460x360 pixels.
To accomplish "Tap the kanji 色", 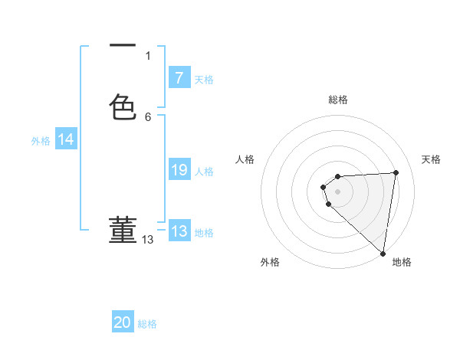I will [x=123, y=107].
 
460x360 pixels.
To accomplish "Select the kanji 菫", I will [x=123, y=229].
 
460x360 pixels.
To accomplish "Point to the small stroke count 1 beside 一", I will [x=148, y=56].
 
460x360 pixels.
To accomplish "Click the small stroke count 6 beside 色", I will [x=148, y=116].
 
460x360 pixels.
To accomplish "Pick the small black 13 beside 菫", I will [x=148, y=240].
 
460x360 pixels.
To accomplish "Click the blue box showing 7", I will [x=179, y=77].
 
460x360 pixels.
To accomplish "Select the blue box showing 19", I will [x=179, y=170].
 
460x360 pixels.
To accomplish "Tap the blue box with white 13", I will [x=179, y=231].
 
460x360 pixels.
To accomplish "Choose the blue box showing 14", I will [x=66, y=139].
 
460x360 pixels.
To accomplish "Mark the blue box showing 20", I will [x=123, y=322].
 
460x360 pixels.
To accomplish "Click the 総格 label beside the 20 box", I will [x=147, y=324].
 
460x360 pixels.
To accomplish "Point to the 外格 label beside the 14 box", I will [x=41, y=141].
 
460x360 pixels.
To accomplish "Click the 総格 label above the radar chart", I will [x=338, y=100].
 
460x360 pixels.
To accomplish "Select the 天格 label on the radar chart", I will [x=432, y=159].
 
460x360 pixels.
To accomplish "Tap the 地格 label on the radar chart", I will [x=402, y=262].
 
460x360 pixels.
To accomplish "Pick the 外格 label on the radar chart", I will [x=270, y=262].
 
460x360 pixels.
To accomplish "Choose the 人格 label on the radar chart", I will [x=245, y=159].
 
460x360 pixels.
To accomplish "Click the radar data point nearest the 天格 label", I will [x=396, y=172].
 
